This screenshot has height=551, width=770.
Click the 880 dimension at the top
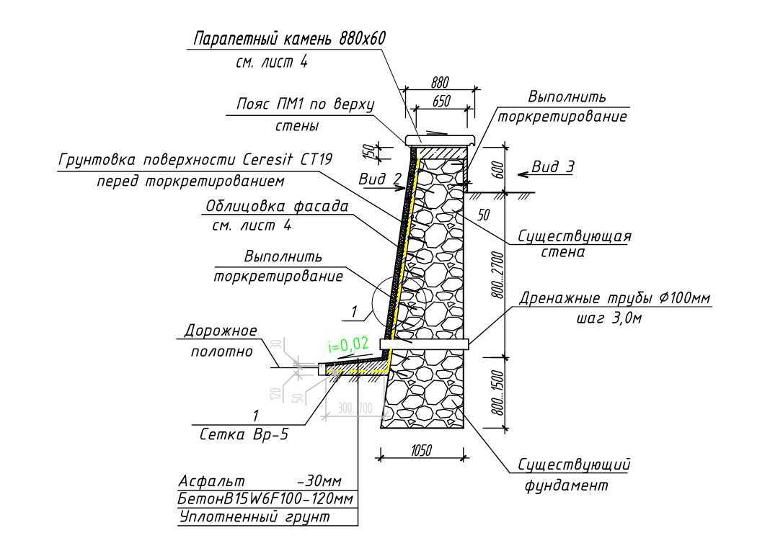point(439,83)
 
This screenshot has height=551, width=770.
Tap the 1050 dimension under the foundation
point(421,451)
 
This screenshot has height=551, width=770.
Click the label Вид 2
point(379,178)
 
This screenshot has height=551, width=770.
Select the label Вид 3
point(553,167)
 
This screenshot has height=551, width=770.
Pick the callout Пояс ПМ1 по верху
point(306,104)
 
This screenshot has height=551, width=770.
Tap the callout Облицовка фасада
point(277,207)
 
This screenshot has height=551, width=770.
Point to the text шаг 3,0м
point(609,318)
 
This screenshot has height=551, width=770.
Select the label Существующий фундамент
point(575,475)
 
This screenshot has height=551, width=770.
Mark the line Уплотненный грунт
point(253,517)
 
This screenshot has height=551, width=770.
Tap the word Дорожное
point(221,331)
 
